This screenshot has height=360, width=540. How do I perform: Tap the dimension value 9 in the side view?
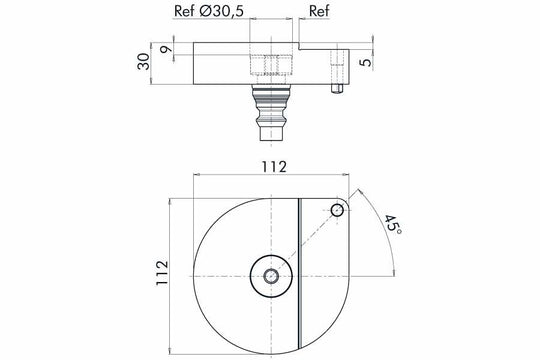pos(164,48)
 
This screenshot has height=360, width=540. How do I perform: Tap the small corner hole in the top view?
pos(337,209)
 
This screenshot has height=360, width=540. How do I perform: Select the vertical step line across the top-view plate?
pos(299,270)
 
